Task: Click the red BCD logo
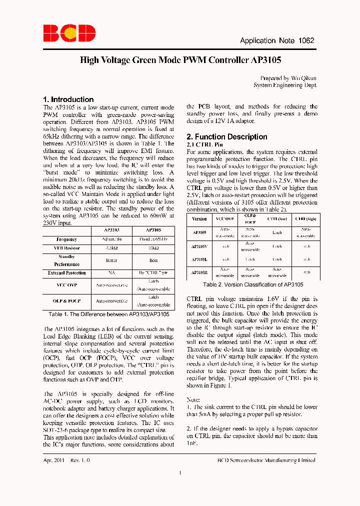coord(69,33)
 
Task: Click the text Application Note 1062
coord(277,41)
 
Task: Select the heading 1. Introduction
coord(68,99)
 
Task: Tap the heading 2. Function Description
coord(226,137)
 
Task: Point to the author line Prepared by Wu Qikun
coord(288,78)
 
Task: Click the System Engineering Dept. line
coord(285,85)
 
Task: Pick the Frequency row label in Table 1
coord(67,239)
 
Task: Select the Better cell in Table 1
coord(111,260)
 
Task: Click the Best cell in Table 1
coord(153,260)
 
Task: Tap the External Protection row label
coord(67,273)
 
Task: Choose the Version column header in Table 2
coord(199,219)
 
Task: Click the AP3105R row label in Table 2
coord(199,272)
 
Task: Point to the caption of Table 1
coord(109,314)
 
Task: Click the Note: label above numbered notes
coord(193,400)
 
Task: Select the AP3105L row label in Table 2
coord(199,259)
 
